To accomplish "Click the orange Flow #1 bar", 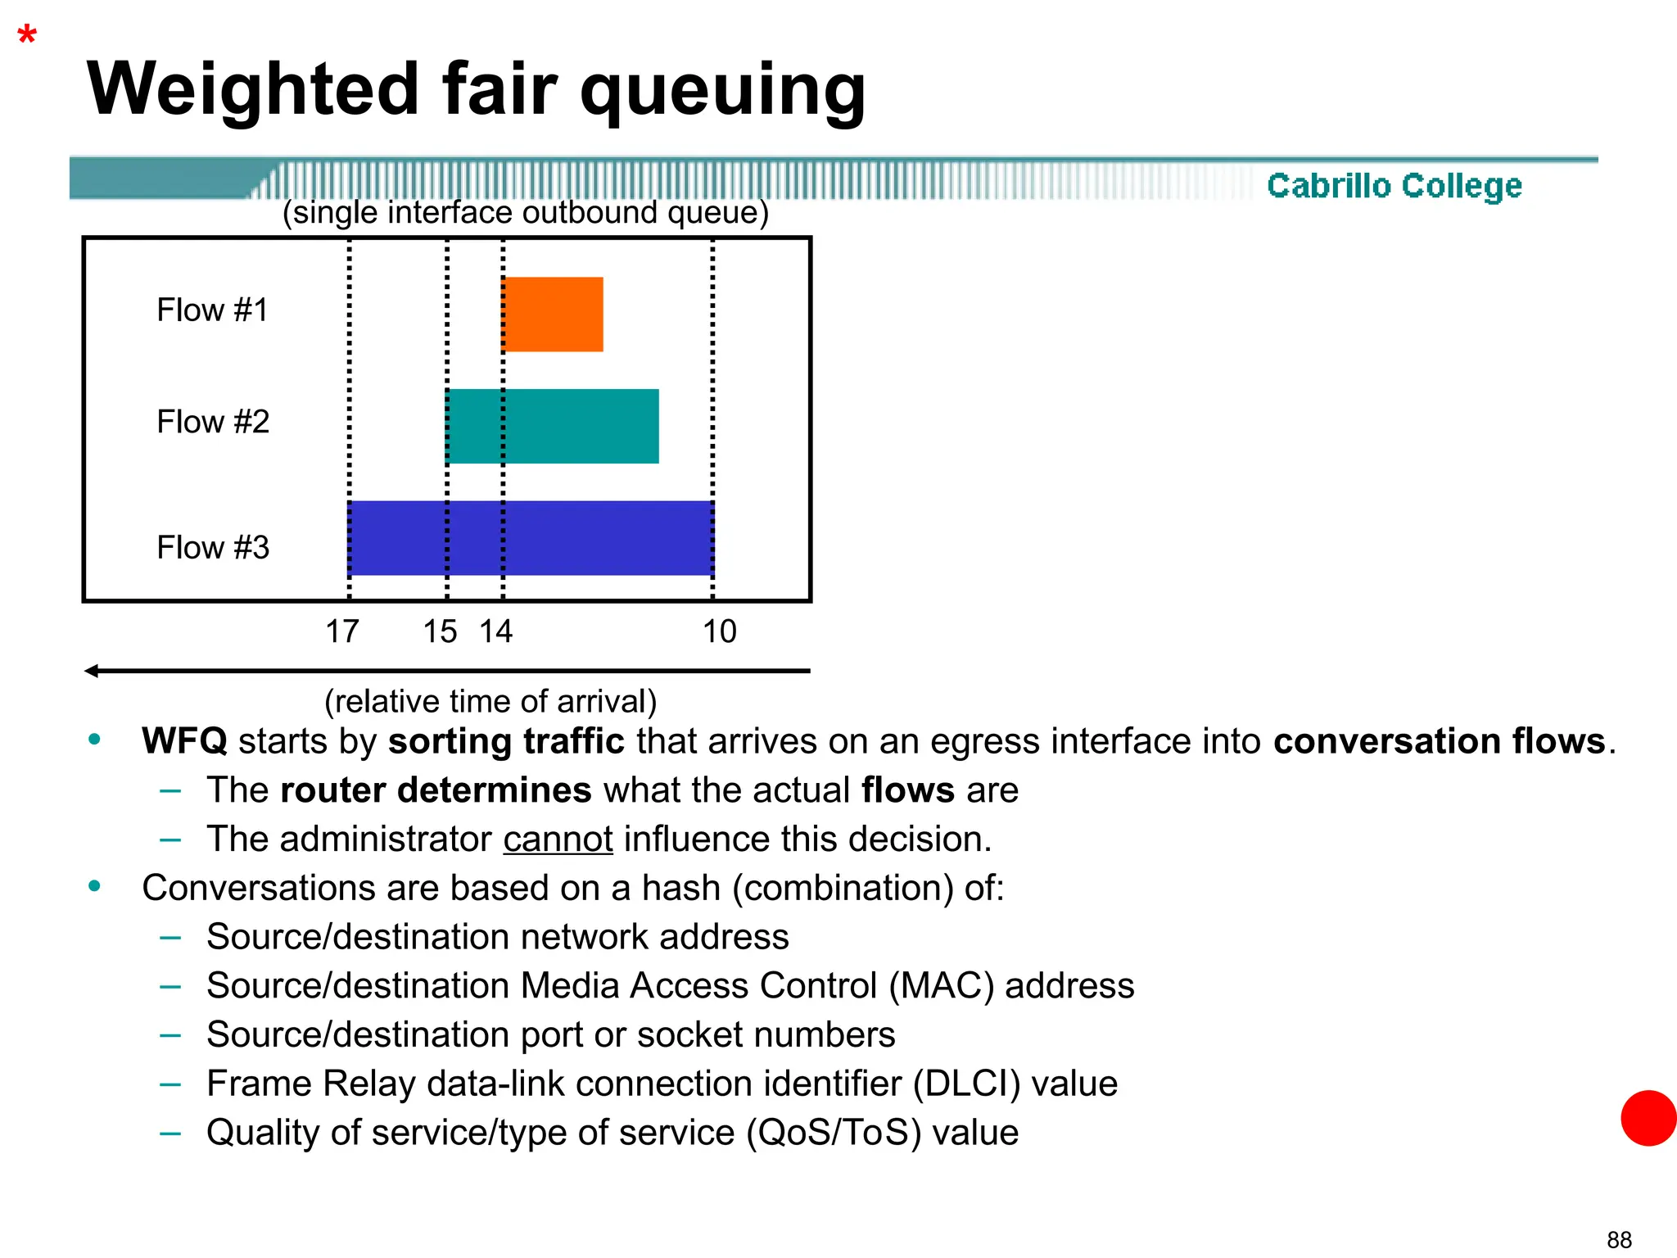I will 553,314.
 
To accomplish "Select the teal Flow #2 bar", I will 553,426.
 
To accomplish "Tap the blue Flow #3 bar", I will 531,538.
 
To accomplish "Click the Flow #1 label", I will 213,310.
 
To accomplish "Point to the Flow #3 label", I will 213,547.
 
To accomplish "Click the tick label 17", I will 342,631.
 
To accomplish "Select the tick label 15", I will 440,631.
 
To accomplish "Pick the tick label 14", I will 495,631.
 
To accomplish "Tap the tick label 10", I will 720,631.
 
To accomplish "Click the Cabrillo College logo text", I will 1394,186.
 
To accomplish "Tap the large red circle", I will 1648,1118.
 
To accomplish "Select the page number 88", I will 1619,1240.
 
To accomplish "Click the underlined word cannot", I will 558,839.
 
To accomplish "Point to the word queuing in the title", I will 722,90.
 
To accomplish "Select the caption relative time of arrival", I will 490,702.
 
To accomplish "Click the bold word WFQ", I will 184,741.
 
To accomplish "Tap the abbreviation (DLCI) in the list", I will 966,1084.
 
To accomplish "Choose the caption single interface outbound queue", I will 526,213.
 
